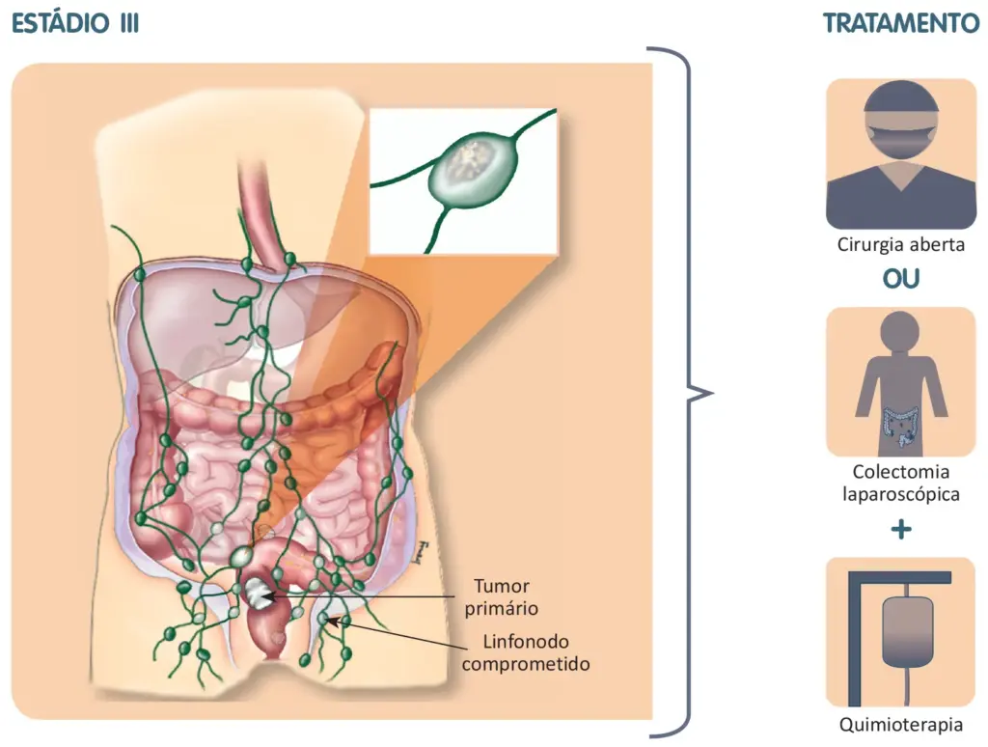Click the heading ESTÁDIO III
click(x=75, y=23)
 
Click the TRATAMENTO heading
click(x=901, y=24)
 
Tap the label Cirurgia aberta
click(x=901, y=244)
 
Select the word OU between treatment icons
click(x=901, y=279)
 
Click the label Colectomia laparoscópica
click(x=901, y=483)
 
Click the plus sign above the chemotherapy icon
click(x=901, y=529)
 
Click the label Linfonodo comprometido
click(x=525, y=652)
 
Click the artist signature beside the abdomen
click(x=421, y=553)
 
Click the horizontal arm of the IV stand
click(x=901, y=577)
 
